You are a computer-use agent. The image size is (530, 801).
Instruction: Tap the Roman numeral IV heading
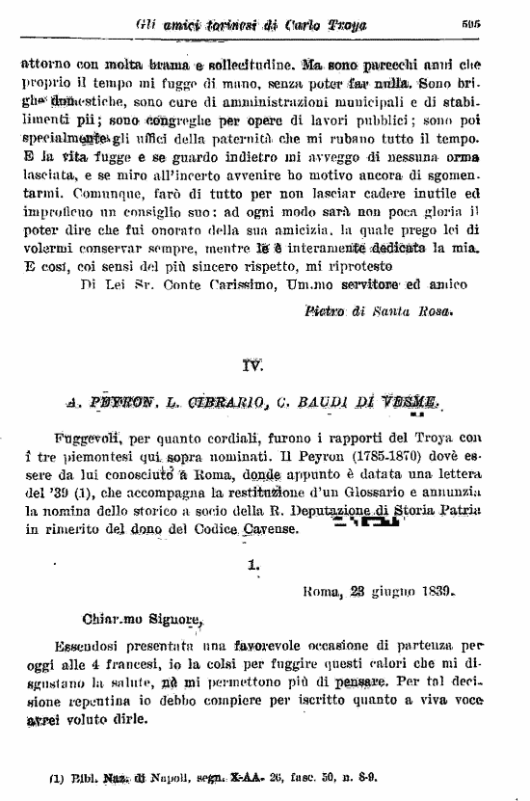(252, 363)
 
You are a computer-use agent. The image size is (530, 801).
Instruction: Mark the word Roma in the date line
(323, 593)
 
